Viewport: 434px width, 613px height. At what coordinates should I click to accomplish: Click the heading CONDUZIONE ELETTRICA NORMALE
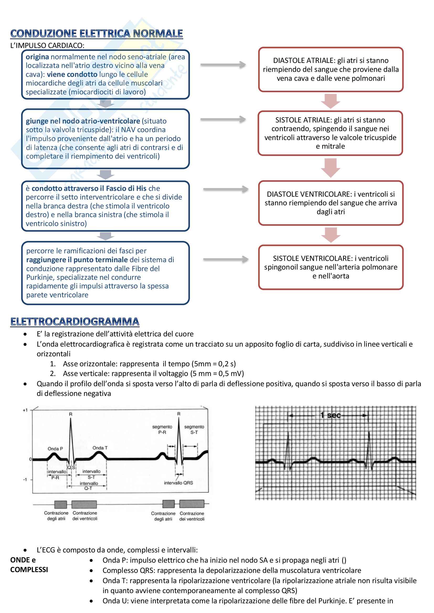(97, 34)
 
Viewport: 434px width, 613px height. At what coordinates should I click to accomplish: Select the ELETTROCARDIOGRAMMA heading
(75, 321)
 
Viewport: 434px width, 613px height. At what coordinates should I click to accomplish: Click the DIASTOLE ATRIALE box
(331, 69)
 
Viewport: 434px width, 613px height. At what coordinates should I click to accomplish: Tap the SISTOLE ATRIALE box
(330, 133)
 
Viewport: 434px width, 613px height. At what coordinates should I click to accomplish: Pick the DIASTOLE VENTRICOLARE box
(331, 203)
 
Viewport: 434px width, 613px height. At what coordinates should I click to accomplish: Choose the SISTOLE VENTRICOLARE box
(331, 267)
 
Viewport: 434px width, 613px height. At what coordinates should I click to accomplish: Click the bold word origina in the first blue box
(37, 57)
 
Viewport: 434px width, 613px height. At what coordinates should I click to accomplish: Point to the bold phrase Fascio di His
(126, 189)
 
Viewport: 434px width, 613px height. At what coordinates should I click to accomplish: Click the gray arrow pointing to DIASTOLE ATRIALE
(223, 65)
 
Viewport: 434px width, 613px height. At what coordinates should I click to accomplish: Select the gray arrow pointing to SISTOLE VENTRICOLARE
(226, 259)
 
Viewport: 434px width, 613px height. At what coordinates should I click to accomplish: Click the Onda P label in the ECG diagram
(55, 449)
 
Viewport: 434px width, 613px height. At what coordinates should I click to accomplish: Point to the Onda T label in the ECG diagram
(100, 448)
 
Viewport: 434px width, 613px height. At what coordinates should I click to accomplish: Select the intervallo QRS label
(178, 483)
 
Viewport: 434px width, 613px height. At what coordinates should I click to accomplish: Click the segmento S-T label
(194, 429)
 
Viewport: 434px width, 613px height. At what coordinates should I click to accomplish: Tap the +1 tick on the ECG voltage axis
(25, 410)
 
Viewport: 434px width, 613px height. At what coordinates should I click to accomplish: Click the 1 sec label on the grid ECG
(331, 415)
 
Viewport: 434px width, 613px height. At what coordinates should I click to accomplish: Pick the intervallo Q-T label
(89, 486)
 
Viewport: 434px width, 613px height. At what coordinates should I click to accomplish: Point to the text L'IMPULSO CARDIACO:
(47, 45)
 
